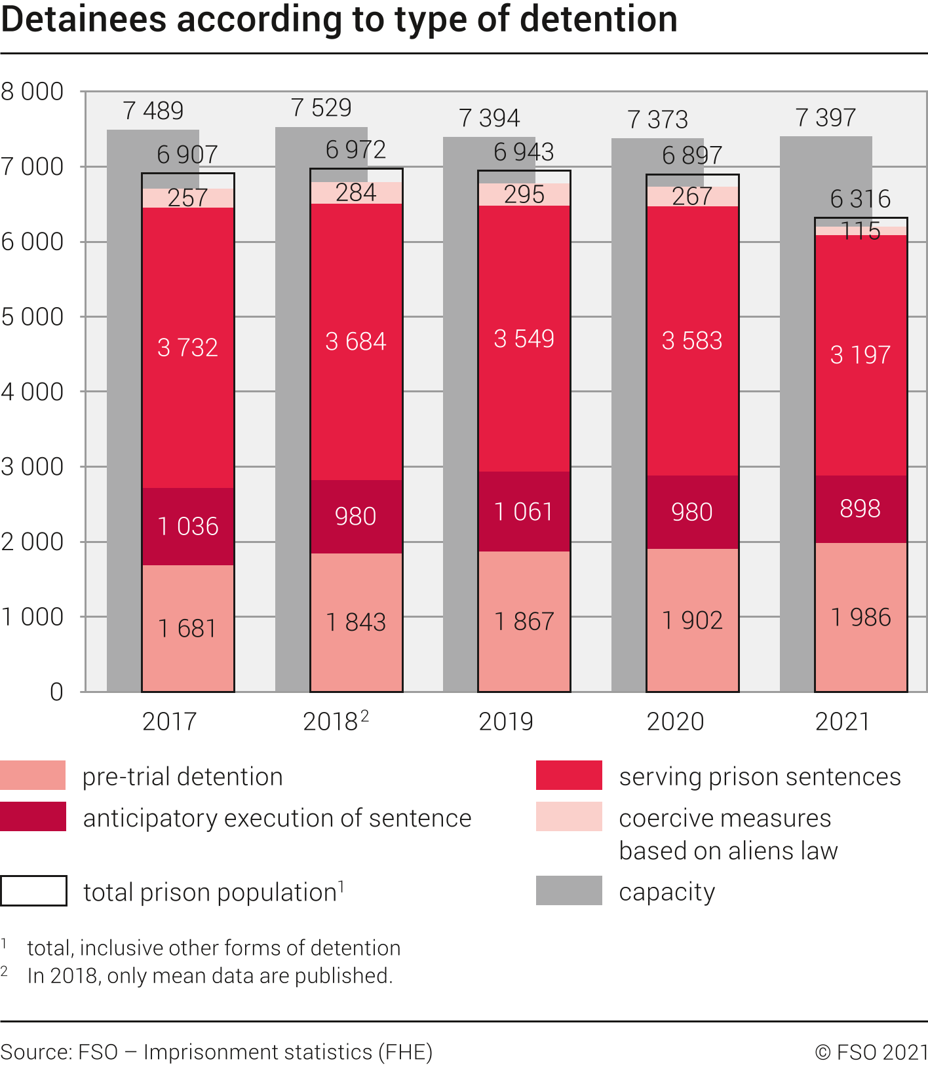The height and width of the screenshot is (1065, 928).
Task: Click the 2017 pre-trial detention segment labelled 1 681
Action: pyautogui.click(x=187, y=627)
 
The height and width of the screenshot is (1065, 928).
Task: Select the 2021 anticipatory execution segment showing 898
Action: pyautogui.click(x=860, y=508)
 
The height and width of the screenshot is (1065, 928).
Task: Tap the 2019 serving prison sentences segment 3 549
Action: pyautogui.click(x=524, y=339)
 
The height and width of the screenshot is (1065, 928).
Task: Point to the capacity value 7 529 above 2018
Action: pyautogui.click(x=321, y=108)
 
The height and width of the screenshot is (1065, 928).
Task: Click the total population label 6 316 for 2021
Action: pyautogui.click(x=860, y=198)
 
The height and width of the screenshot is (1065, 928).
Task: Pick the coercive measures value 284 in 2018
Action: pyautogui.click(x=356, y=193)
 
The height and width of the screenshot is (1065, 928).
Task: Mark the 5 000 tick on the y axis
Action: pyautogui.click(x=33, y=317)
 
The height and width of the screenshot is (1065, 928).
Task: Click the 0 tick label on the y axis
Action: pyautogui.click(x=56, y=692)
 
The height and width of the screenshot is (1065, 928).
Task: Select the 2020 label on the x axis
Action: pyautogui.click(x=675, y=722)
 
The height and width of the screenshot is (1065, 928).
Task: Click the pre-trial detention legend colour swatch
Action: pyautogui.click(x=33, y=775)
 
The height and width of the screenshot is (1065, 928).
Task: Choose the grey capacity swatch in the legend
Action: pyautogui.click(x=568, y=891)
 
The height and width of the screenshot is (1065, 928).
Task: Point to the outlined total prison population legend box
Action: pyautogui.click(x=33, y=891)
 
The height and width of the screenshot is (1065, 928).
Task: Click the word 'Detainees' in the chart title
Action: pyautogui.click(x=84, y=20)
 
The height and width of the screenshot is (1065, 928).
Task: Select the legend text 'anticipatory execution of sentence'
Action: pyautogui.click(x=277, y=818)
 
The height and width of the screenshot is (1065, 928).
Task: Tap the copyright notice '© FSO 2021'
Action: pyautogui.click(x=870, y=1052)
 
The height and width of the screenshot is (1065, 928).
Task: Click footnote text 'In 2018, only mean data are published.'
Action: pyautogui.click(x=210, y=976)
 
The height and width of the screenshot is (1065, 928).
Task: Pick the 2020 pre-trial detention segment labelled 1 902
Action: pyautogui.click(x=692, y=620)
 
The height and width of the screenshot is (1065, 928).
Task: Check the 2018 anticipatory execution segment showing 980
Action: pyautogui.click(x=356, y=516)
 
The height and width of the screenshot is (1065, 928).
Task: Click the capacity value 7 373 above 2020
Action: pyautogui.click(x=657, y=119)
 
